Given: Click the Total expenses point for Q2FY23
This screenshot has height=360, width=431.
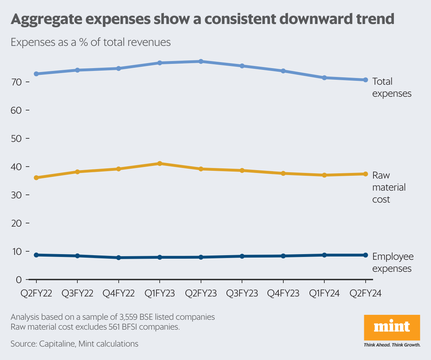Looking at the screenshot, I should pyautogui.click(x=201, y=61).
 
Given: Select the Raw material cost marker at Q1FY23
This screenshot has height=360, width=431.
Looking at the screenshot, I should pyautogui.click(x=160, y=163).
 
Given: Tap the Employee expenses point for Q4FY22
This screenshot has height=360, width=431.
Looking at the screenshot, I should pyautogui.click(x=118, y=258).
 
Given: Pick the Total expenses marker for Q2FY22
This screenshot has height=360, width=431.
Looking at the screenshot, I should pyautogui.click(x=36, y=74).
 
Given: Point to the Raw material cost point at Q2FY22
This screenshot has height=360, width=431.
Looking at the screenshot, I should pyautogui.click(x=36, y=178).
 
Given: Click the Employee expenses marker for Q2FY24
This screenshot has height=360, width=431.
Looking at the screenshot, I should pyautogui.click(x=365, y=255).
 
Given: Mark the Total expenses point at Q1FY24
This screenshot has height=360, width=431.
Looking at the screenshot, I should pyautogui.click(x=324, y=78).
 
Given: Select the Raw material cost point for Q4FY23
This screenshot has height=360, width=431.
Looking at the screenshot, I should pyautogui.click(x=283, y=173).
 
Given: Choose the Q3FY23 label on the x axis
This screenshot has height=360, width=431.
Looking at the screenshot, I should pyautogui.click(x=242, y=294).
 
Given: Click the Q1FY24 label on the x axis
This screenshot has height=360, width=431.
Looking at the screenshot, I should pyautogui.click(x=324, y=294).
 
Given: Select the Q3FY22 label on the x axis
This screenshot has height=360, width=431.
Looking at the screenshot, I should pyautogui.click(x=77, y=294).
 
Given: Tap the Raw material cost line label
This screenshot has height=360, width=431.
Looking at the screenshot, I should pyautogui.click(x=389, y=187).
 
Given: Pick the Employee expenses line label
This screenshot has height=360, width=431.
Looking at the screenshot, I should pyautogui.click(x=392, y=263).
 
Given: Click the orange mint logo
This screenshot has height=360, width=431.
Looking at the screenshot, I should pyautogui.click(x=392, y=327).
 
